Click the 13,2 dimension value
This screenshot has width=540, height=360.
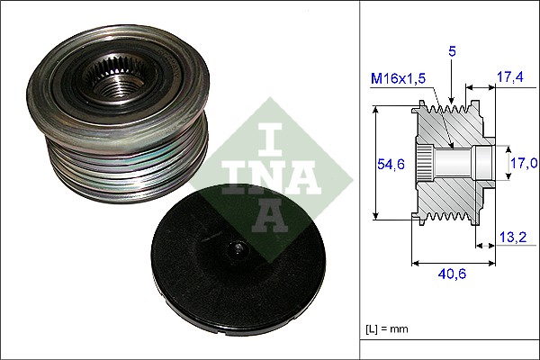(511, 238)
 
